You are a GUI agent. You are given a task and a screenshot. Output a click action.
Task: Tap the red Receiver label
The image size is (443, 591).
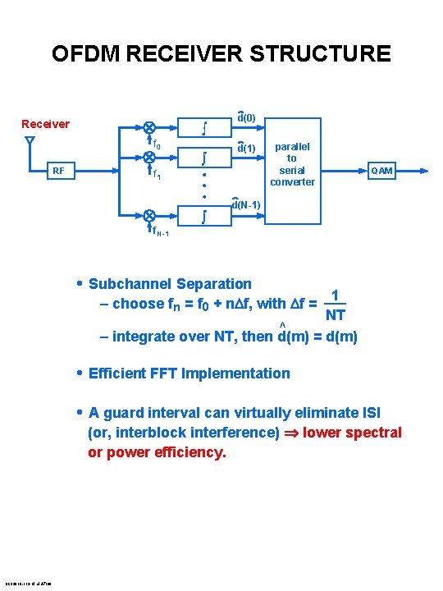click(45, 124)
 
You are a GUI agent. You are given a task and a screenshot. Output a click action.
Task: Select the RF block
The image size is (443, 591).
click(58, 171)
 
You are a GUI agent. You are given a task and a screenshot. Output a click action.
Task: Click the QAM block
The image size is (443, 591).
click(381, 171)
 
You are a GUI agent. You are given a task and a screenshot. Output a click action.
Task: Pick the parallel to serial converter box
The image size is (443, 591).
click(292, 170)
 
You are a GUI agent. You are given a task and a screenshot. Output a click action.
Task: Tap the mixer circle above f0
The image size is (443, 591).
click(149, 127)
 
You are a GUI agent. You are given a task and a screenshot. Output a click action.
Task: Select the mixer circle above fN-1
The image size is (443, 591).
click(149, 214)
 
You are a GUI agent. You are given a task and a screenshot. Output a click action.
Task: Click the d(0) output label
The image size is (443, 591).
click(246, 118)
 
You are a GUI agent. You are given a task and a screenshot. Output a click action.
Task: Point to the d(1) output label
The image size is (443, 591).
click(246, 149)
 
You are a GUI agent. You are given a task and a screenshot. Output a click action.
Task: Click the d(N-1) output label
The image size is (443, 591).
click(246, 204)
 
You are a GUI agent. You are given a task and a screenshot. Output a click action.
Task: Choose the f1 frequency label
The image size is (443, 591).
click(153, 173)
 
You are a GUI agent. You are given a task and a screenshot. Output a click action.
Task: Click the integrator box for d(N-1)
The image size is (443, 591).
click(203, 217)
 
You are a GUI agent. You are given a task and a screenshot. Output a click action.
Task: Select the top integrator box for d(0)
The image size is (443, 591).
click(203, 127)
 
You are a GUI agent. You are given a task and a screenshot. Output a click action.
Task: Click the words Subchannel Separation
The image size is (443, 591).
click(169, 284)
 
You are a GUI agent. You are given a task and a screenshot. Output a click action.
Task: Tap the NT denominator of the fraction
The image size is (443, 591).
click(336, 315)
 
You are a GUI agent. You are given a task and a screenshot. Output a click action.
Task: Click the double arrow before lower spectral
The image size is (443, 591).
click(291, 433)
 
